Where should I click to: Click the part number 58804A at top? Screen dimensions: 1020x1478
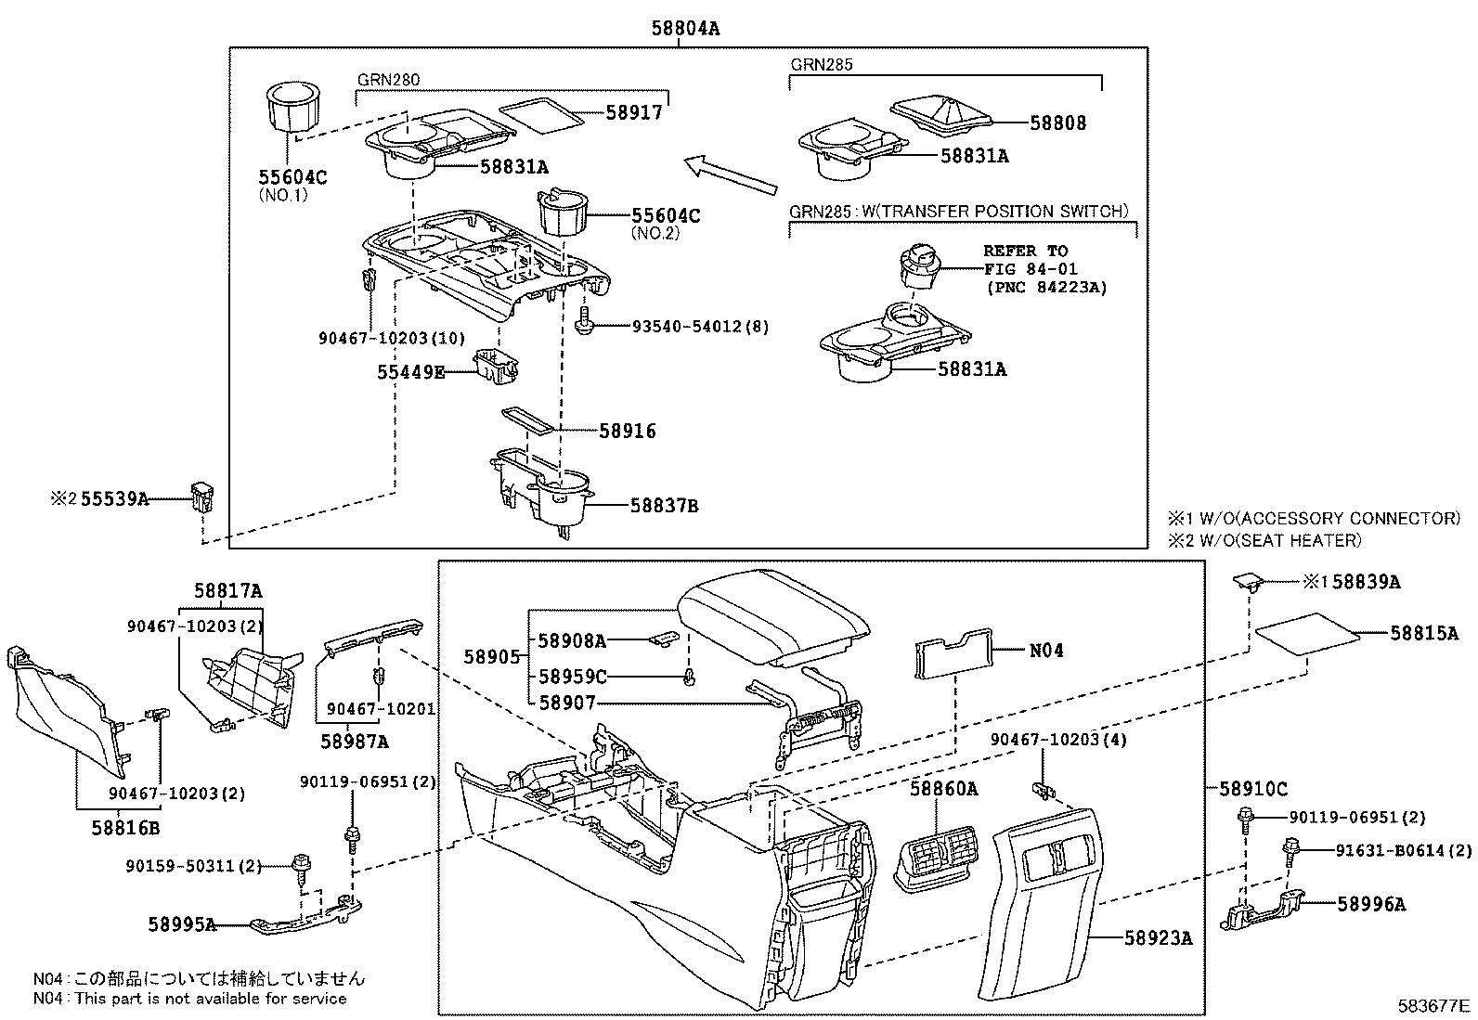tap(685, 29)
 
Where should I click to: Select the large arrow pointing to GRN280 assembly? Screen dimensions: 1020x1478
tap(730, 175)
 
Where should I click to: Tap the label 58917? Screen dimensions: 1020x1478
tap(634, 112)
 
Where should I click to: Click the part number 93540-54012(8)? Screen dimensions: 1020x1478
tap(700, 327)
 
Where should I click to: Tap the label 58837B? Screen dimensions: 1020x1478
tap(664, 506)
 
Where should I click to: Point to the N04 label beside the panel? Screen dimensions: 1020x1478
tap(1046, 651)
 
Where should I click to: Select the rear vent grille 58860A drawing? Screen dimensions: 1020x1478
tap(940, 859)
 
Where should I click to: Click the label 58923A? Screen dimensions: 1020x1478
tap(1158, 938)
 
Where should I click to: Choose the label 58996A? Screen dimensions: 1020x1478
tap(1371, 903)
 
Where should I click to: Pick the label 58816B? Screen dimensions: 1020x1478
tap(125, 827)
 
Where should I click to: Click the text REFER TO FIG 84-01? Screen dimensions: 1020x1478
tap(1031, 260)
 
